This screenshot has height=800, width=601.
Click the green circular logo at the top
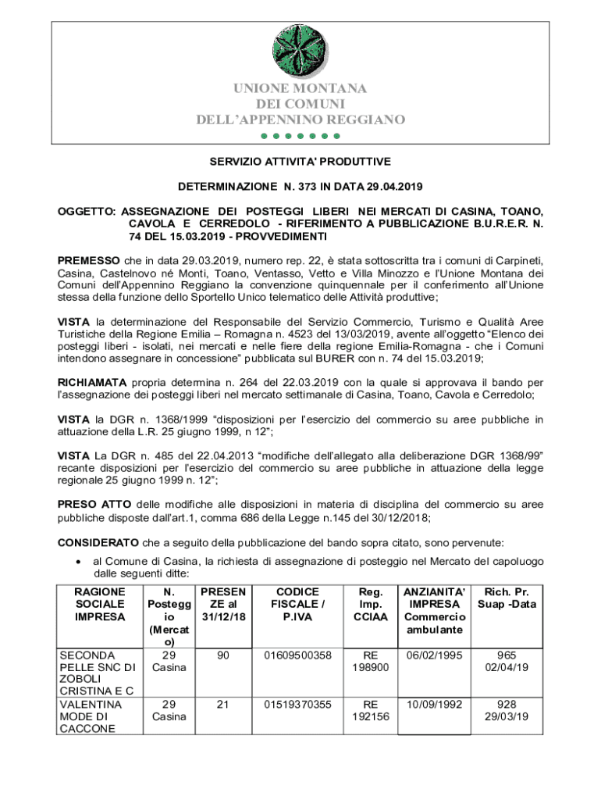click(x=300, y=50)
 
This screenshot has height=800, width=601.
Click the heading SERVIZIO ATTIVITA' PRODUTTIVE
click(x=300, y=162)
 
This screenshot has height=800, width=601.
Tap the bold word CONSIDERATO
click(x=98, y=541)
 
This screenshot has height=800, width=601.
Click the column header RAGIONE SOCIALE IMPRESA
click(x=99, y=605)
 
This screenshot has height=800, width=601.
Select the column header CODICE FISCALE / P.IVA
click(x=297, y=605)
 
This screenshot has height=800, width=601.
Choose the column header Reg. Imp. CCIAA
click(x=369, y=605)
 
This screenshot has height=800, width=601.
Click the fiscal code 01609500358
click(x=297, y=655)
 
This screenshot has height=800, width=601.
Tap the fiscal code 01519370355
click(x=297, y=704)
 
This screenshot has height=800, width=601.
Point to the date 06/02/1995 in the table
click(x=435, y=655)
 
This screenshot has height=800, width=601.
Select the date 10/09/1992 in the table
click(x=435, y=704)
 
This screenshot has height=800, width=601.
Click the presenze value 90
click(x=223, y=655)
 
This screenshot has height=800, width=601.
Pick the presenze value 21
click(x=223, y=704)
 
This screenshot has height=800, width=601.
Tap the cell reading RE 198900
click(x=369, y=661)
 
